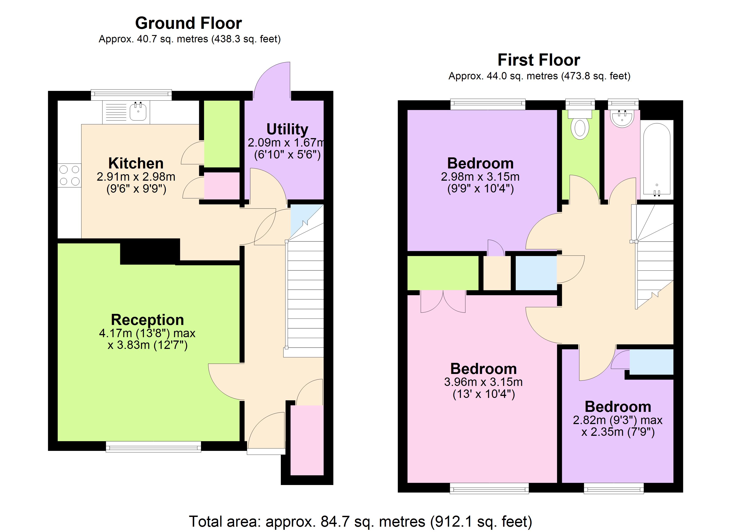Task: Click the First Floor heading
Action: point(539,60)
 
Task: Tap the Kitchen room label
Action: point(136,163)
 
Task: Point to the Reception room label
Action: point(148,320)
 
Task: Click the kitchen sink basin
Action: point(138,112)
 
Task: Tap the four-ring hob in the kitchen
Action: point(69,176)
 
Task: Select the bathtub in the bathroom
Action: point(657,160)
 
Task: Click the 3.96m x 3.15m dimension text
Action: point(483,382)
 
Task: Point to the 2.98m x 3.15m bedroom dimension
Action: point(480,177)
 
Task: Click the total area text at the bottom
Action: point(360,522)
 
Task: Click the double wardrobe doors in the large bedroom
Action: point(443,302)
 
